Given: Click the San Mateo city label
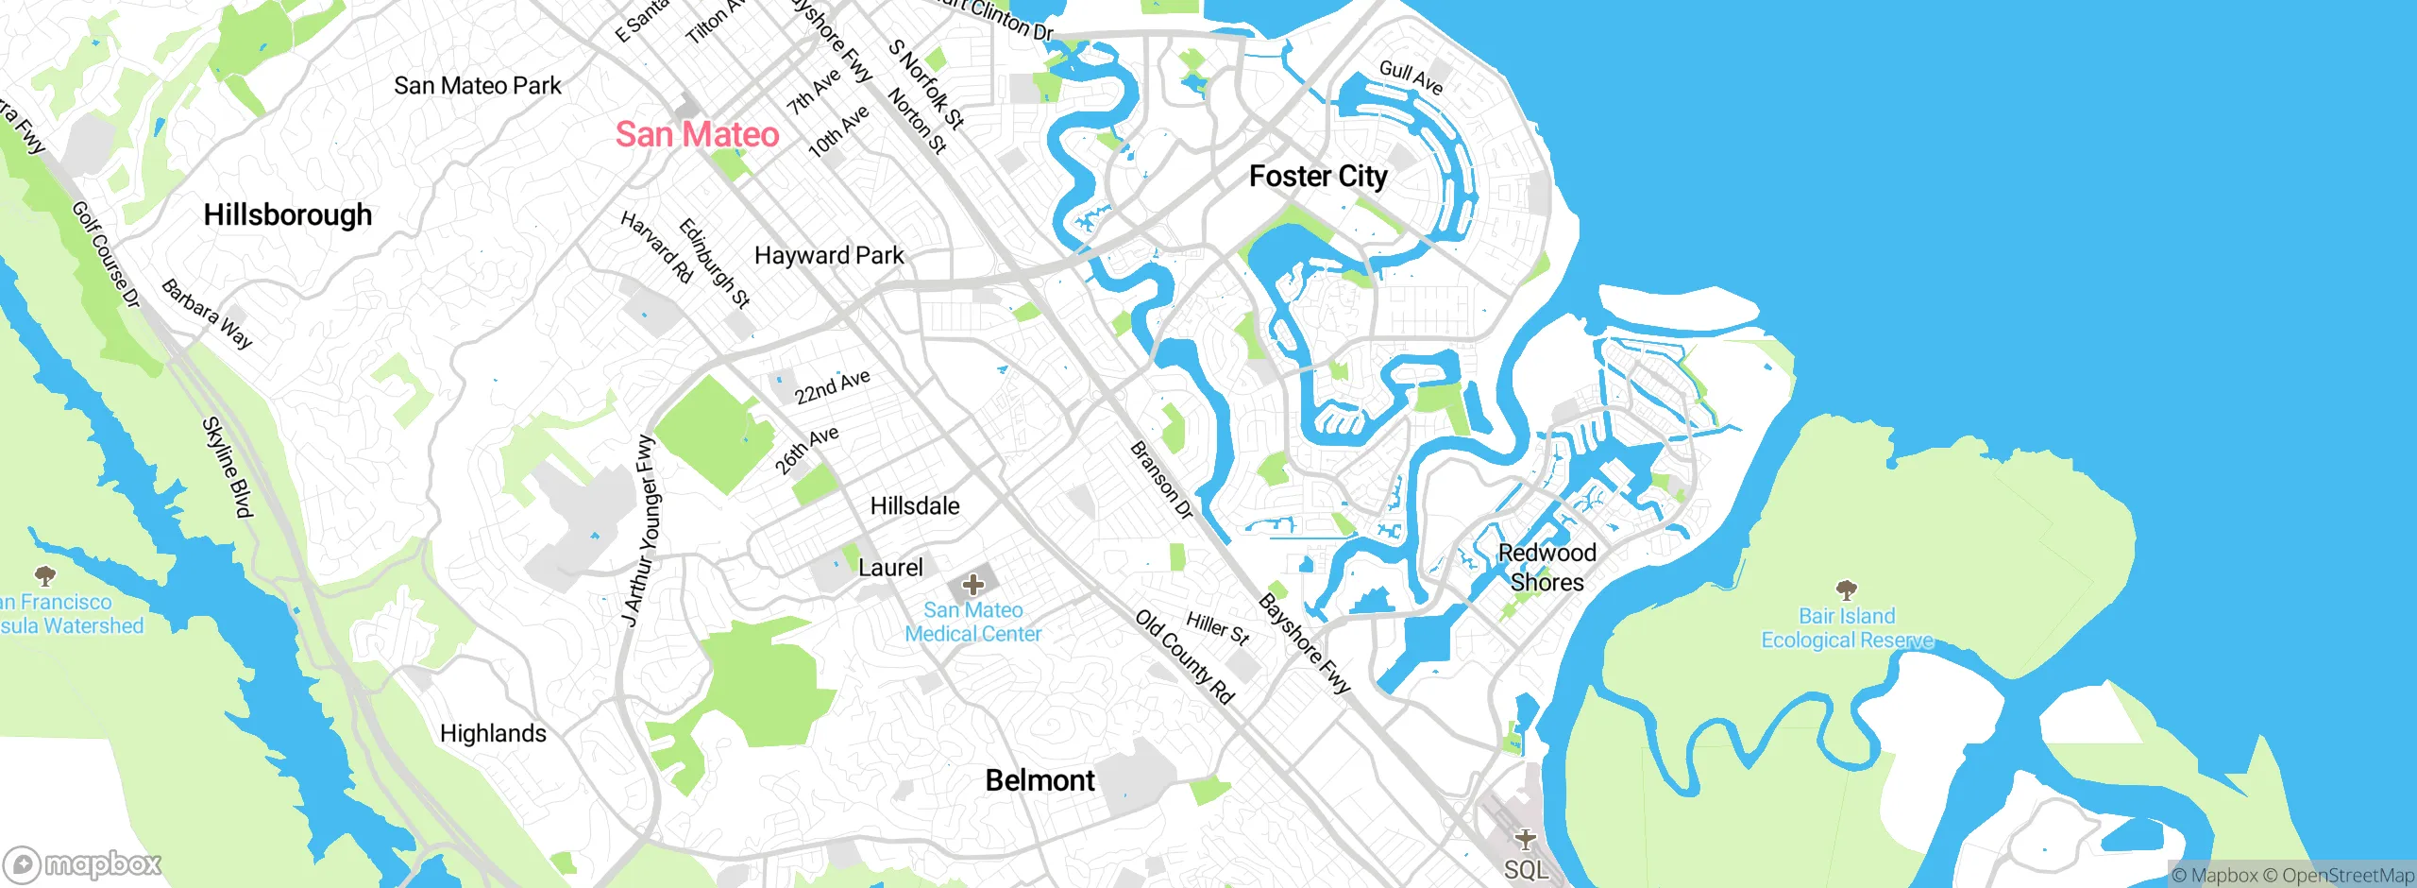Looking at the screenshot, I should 697,134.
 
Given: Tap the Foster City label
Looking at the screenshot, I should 1318,177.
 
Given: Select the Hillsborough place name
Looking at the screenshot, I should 288,215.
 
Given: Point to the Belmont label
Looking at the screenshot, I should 1039,780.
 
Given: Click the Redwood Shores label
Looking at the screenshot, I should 1547,567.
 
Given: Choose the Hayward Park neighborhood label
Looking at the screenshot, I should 829,255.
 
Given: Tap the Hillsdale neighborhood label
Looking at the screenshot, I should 915,506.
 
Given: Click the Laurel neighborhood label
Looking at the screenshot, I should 890,568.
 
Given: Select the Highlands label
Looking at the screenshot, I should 493,734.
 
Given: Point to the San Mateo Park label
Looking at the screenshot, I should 477,86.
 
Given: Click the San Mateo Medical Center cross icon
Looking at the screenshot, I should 973,585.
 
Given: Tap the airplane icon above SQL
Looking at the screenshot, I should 1525,839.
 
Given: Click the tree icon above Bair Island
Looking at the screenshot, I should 1847,590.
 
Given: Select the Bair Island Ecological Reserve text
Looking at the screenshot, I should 1847,628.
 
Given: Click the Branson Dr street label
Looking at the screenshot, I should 1161,480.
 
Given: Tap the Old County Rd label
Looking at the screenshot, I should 1185,657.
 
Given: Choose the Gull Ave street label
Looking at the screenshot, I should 1411,77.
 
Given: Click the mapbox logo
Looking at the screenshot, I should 83,864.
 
